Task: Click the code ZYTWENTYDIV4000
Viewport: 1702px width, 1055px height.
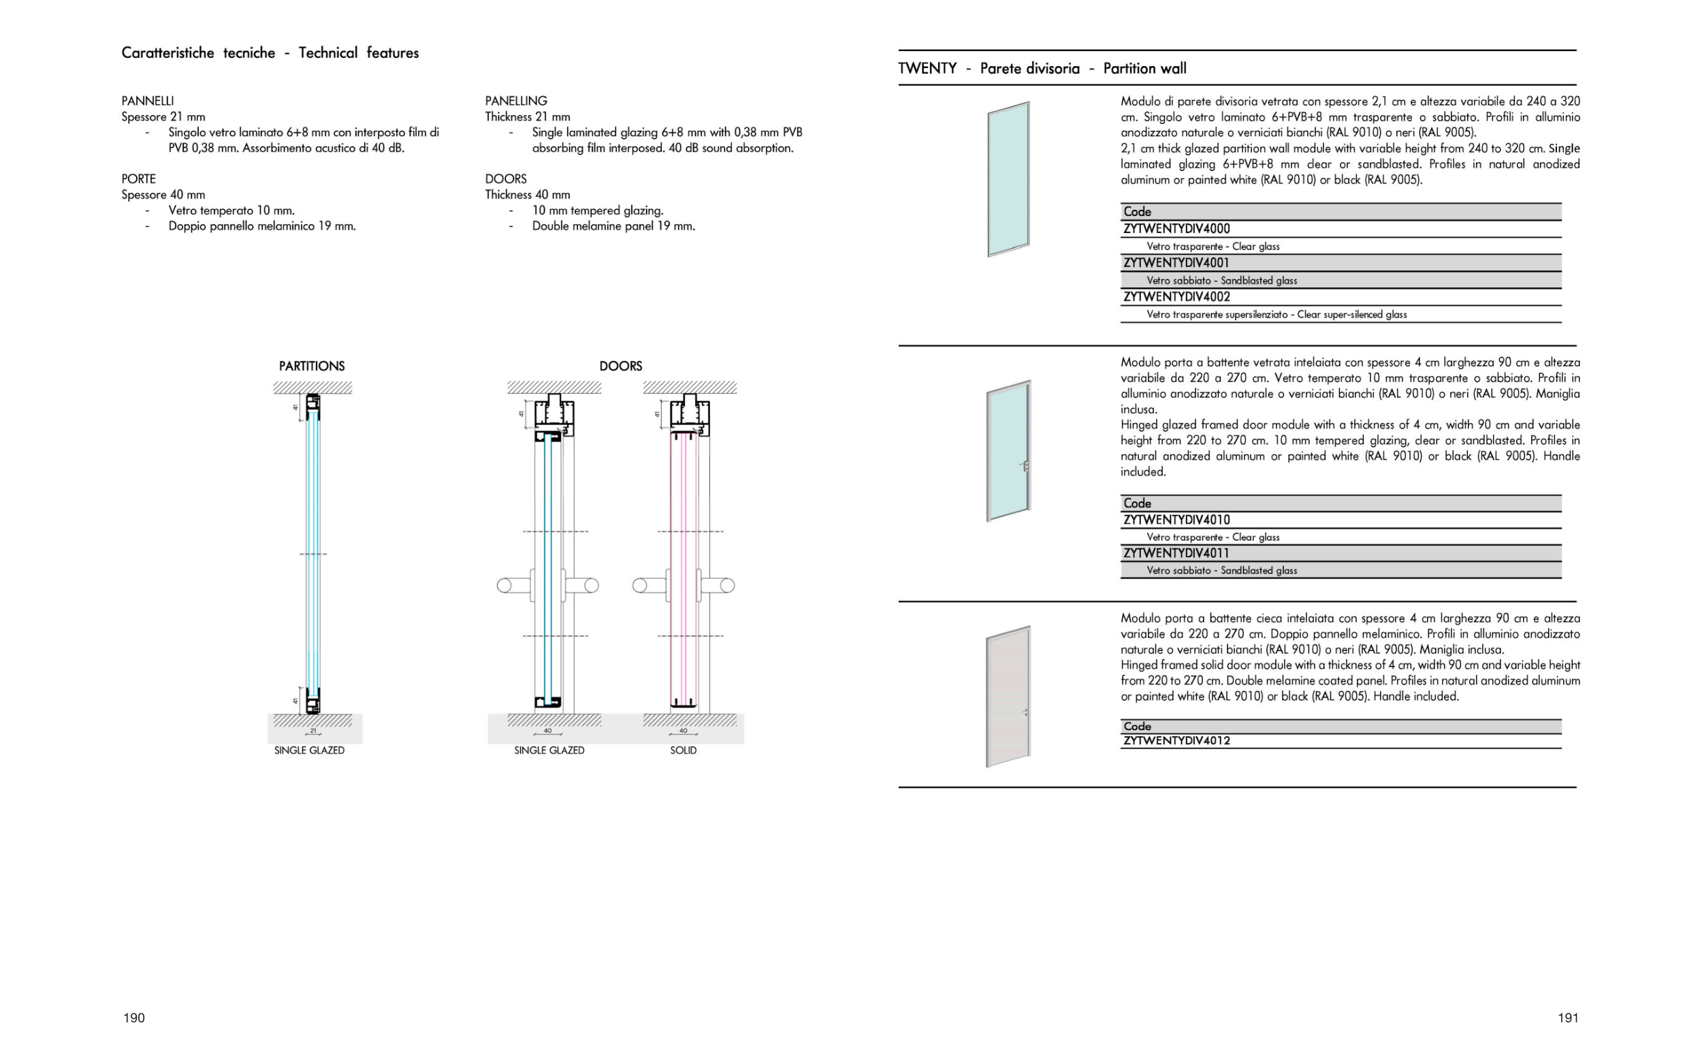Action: click(x=1176, y=229)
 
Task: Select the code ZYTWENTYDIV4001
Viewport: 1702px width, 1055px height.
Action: click(x=1176, y=263)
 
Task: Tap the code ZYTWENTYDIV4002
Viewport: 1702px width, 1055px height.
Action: click(x=1176, y=296)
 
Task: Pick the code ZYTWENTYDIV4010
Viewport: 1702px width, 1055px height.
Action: click(x=1176, y=520)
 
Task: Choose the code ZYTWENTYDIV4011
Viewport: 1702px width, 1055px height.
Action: click(x=1176, y=553)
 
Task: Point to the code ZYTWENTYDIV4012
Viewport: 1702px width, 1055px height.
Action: click(x=1176, y=740)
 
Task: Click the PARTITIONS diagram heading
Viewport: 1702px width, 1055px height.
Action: click(x=312, y=366)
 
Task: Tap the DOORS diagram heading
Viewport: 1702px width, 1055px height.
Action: click(x=621, y=366)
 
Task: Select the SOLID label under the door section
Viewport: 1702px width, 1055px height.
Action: click(x=684, y=750)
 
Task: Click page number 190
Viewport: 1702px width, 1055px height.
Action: click(x=134, y=1018)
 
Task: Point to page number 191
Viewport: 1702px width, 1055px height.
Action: click(x=1567, y=1018)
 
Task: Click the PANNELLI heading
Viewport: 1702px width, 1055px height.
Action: click(x=147, y=101)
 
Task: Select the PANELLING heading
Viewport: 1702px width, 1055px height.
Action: click(x=516, y=101)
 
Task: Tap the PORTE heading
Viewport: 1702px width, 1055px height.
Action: click(x=139, y=179)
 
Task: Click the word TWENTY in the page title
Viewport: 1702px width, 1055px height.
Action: click(x=927, y=68)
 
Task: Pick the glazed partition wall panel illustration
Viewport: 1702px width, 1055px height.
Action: click(x=1008, y=179)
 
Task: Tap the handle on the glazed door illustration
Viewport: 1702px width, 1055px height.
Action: click(x=1025, y=466)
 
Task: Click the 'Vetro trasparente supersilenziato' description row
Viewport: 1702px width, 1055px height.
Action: click(x=1276, y=315)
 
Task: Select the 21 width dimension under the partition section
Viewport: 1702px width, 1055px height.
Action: click(x=313, y=731)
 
